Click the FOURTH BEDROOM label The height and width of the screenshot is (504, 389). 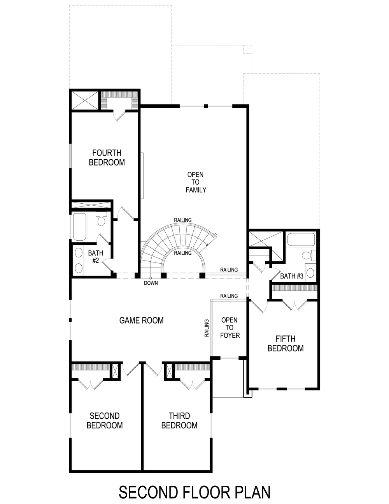[107, 158]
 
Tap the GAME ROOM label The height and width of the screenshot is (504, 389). [141, 321]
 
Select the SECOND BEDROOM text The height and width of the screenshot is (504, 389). [105, 421]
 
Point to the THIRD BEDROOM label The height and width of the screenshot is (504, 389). [179, 421]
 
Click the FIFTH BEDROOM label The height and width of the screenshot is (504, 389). [286, 344]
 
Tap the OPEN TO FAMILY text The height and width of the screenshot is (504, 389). [196, 182]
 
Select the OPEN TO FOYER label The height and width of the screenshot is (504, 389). [230, 328]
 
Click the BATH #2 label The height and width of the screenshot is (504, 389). [95, 257]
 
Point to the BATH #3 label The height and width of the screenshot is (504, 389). [292, 276]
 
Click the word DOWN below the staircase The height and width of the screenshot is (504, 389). [151, 283]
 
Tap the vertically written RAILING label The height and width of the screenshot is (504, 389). [207, 328]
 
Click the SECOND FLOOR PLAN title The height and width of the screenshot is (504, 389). [194, 492]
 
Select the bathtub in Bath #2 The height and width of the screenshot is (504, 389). [80, 227]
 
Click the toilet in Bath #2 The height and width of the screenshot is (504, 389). [101, 220]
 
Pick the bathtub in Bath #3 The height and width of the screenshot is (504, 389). [300, 240]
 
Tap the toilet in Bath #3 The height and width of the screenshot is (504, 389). [308, 256]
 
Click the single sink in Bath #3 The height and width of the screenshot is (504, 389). [311, 271]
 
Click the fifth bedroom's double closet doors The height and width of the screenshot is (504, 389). [294, 305]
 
